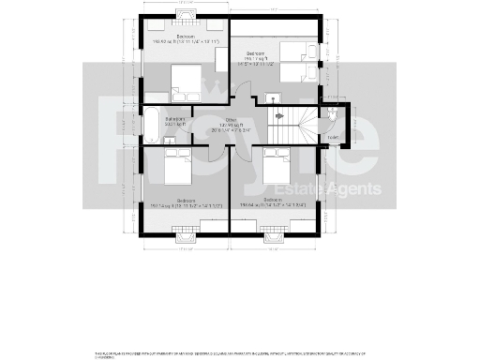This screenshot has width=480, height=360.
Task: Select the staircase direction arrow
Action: tap(278, 115)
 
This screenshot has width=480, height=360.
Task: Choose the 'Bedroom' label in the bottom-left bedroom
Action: tap(186, 200)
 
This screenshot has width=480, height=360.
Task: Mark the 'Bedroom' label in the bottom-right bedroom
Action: tap(274, 200)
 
